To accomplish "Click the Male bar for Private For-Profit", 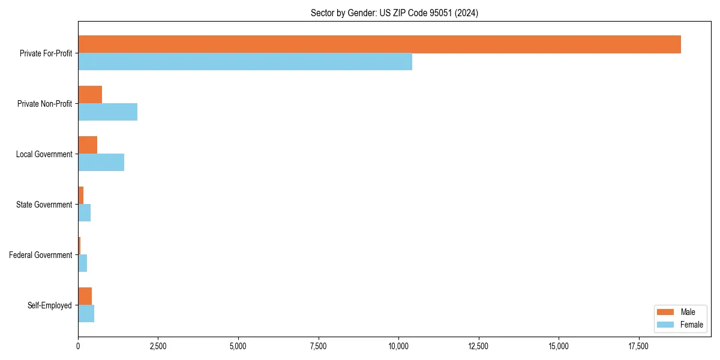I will point(379,44).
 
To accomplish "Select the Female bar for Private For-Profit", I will point(245,62).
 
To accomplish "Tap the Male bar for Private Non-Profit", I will point(90,95).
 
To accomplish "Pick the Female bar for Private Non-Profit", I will point(107,112).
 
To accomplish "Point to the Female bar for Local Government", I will point(101,163).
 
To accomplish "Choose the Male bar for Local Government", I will point(88,145).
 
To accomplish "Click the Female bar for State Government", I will point(84,213).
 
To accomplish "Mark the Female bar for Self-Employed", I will point(86,314).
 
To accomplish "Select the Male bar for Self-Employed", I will point(85,296).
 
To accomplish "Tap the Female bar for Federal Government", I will point(82,263).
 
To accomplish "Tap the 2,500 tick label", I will point(158,346).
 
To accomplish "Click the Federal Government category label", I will point(41,255).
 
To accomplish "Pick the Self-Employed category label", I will point(50,305).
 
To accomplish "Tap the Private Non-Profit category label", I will point(45,104).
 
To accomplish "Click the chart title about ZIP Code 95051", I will point(394,13).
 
